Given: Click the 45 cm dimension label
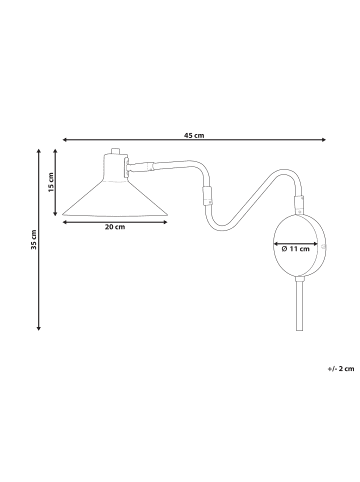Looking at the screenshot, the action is pos(194,135).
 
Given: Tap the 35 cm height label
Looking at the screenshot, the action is pos(33,239).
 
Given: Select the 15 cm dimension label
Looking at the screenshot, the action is pos(51,182).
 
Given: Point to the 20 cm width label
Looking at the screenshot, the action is pos(115,227).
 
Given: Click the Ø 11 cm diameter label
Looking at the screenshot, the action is pos(296,249).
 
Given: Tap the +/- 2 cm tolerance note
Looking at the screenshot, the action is pos(341,369).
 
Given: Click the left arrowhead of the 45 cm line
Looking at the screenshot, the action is pos(65,140).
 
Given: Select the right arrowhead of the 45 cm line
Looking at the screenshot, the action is pos(323,140).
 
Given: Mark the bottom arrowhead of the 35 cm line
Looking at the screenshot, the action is pos(39,328).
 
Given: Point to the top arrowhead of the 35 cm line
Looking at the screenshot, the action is pos(39,151).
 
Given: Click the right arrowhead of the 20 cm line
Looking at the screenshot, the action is pos(165,222).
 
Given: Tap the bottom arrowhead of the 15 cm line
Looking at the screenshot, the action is pos(56,213).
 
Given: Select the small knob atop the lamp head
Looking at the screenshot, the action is pos(115,151).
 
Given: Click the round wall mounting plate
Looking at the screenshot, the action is pos(299,245).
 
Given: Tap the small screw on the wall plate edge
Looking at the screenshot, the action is pos(322,247).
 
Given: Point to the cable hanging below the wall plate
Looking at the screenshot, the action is pos(299,304).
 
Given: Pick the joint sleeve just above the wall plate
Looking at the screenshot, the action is pos(299,204).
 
